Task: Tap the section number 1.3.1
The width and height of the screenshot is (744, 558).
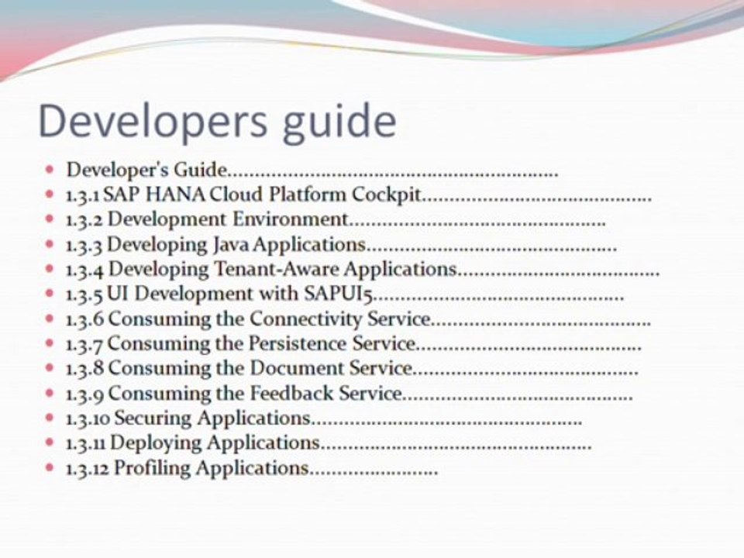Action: [x=84, y=194]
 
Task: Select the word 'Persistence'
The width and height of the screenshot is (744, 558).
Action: [x=299, y=343]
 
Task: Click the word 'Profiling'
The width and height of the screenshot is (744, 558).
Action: [x=152, y=468]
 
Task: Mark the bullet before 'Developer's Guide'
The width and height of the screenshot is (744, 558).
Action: [x=50, y=168]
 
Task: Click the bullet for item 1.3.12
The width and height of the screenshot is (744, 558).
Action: [x=50, y=468]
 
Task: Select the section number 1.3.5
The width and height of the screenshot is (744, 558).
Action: [x=84, y=294]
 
